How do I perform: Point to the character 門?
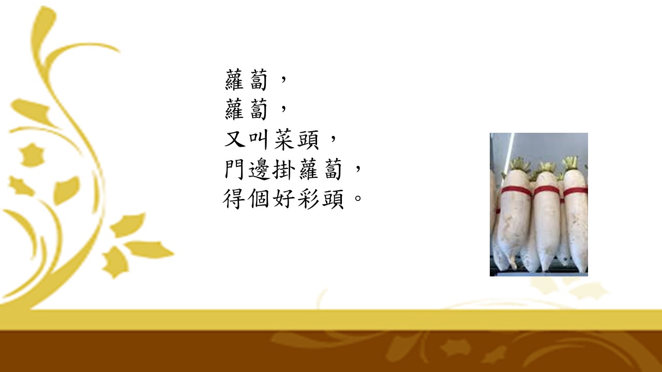click(x=234, y=169)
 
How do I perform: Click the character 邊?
click(x=259, y=169)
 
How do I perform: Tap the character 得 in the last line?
click(x=234, y=199)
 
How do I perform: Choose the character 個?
click(x=259, y=199)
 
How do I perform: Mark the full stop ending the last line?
click(x=358, y=197)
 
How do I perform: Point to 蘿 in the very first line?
click(x=235, y=79)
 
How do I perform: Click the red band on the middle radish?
click(x=546, y=191)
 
